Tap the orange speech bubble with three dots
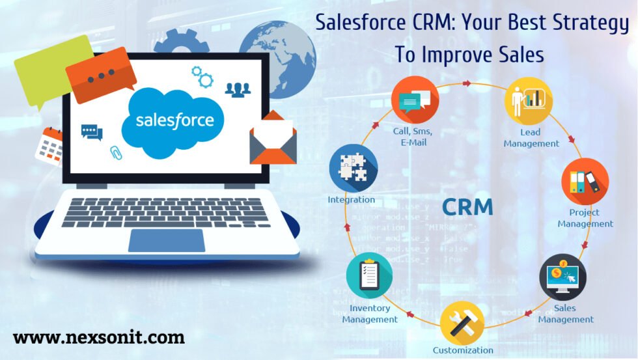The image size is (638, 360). [101, 75]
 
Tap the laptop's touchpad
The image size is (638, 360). [167, 240]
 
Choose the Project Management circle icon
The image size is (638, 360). [585, 182]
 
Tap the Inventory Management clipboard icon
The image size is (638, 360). [369, 275]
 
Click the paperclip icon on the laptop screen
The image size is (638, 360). [115, 153]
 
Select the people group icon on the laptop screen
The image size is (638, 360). [238, 89]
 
